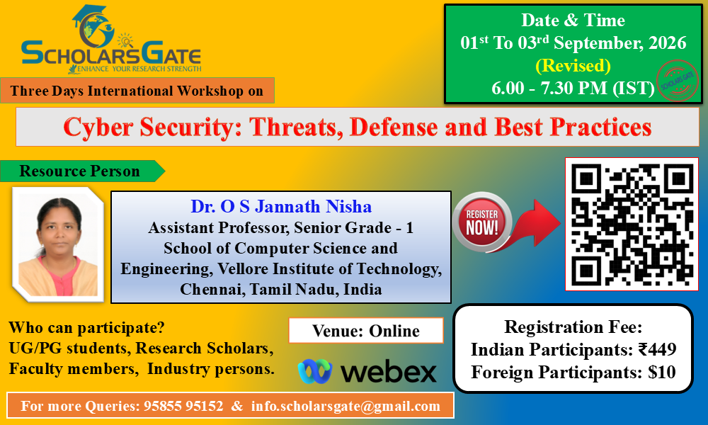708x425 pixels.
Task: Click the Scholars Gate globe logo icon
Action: (x=93, y=26)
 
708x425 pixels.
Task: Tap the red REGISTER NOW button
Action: (x=481, y=222)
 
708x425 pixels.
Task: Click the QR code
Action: (x=632, y=224)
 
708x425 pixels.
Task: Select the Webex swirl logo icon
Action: (x=315, y=371)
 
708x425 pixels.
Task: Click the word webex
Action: (x=388, y=372)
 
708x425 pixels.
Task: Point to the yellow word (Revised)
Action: (x=573, y=65)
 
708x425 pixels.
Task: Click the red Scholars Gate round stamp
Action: (x=677, y=80)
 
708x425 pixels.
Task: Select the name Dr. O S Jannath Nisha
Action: (x=281, y=206)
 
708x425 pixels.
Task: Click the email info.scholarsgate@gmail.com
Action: (x=346, y=406)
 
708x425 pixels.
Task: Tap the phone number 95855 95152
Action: (x=183, y=406)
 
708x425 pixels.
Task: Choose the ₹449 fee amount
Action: (x=658, y=349)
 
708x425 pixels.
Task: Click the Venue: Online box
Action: (x=366, y=331)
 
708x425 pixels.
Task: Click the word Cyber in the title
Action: (x=98, y=127)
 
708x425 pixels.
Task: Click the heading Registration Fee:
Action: (x=573, y=327)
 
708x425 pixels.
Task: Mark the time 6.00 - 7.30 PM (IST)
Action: (x=573, y=88)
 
